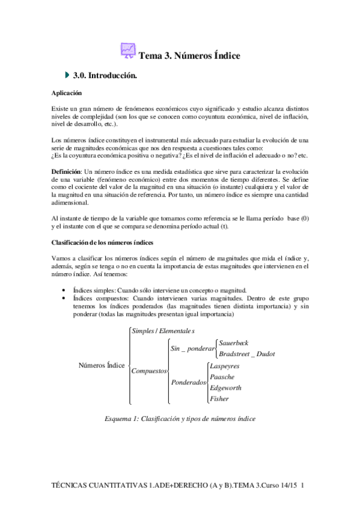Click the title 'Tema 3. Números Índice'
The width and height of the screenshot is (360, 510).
click(189, 56)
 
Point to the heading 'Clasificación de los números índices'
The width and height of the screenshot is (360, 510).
click(104, 242)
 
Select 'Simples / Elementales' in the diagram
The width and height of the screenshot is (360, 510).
click(163, 331)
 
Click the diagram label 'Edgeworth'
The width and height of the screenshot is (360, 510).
click(225, 387)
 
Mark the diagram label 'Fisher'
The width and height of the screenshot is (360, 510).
click(219, 398)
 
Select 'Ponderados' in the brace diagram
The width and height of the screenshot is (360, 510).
click(189, 382)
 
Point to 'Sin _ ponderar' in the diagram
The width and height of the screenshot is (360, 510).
click(192, 348)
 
